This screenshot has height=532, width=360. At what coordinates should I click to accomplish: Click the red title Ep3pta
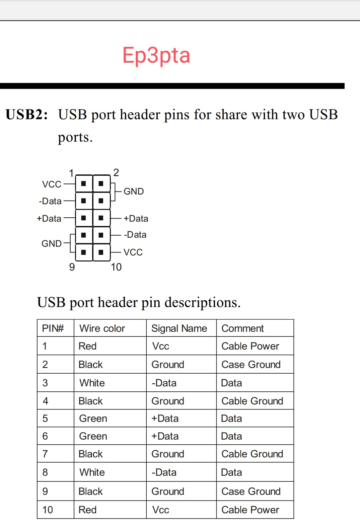click(x=156, y=55)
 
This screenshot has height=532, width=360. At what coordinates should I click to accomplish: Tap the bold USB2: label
click(x=27, y=115)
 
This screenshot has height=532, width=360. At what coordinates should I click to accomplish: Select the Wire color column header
click(x=102, y=328)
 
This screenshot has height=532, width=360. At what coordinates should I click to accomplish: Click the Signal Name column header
click(x=179, y=328)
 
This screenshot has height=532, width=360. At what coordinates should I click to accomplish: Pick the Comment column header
click(x=243, y=328)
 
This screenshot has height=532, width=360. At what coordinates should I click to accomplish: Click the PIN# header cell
click(x=53, y=328)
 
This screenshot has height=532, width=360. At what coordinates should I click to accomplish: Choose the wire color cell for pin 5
click(x=93, y=419)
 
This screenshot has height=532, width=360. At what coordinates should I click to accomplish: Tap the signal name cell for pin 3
click(x=164, y=383)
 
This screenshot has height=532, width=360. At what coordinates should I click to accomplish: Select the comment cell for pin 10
click(x=250, y=510)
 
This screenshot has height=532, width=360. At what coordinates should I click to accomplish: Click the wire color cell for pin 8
click(x=92, y=472)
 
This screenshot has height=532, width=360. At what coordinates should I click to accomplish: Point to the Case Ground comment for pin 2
click(x=251, y=365)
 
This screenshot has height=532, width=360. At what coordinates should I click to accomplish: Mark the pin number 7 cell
click(x=45, y=454)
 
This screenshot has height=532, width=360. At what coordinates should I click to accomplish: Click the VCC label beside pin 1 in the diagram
click(x=52, y=184)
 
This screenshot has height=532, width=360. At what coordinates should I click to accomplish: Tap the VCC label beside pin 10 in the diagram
click(x=133, y=252)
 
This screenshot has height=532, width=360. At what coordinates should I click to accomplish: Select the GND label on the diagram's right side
click(x=134, y=192)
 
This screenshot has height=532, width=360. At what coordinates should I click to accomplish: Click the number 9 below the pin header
click(x=72, y=267)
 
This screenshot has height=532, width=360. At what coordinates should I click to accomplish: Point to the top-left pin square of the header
click(x=84, y=183)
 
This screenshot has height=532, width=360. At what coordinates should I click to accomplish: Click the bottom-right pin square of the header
click(x=101, y=252)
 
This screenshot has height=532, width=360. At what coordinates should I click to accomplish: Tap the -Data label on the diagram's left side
click(x=50, y=201)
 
